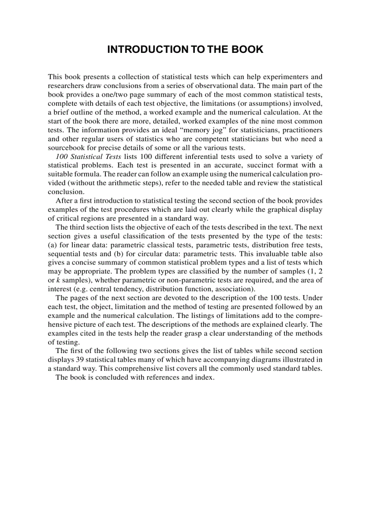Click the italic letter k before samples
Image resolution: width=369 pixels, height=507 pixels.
(58, 280)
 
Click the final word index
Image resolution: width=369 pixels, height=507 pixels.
(204, 377)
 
